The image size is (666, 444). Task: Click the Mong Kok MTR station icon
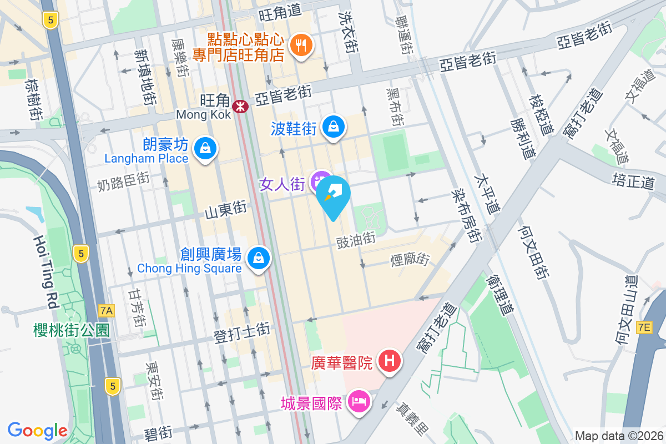240,105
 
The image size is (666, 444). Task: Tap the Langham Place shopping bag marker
205,148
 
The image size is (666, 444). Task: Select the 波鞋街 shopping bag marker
334,127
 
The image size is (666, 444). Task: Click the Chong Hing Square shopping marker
259,258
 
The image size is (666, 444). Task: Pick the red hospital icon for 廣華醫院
390,361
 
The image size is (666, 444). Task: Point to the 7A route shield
106,311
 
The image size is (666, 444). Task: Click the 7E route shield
644,327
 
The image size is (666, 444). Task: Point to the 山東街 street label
225,209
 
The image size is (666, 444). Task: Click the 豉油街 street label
356,240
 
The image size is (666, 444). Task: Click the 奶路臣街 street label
123,180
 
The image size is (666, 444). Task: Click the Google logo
37,430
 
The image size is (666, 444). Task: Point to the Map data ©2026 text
619,436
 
